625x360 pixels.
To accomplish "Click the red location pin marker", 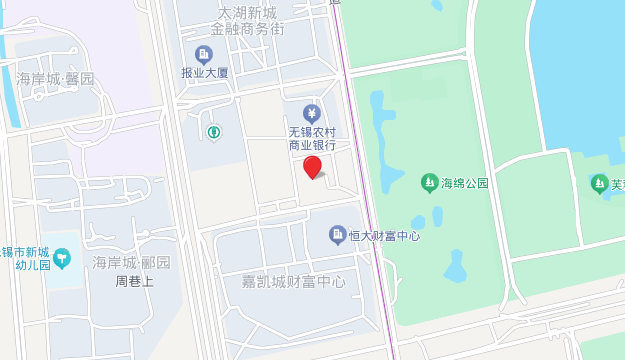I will tap(313, 167).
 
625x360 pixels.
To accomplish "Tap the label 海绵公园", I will tap(465, 183).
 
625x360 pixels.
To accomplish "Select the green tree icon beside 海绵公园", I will tap(429, 183).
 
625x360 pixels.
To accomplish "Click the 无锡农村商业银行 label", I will tap(312, 138).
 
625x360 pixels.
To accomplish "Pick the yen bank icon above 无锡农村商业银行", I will tap(312, 112).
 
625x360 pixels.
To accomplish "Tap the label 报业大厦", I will tap(204, 73).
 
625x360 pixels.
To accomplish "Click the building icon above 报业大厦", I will tap(204, 53).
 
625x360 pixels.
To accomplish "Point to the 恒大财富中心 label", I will tap(384, 236).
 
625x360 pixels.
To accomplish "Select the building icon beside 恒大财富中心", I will tap(338, 235).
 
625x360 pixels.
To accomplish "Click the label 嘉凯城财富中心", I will tap(293, 282).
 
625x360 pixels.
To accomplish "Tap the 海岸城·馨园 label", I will tap(56, 79).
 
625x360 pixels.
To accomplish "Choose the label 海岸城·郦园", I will tap(131, 263).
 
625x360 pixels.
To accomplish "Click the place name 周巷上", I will tap(134, 281).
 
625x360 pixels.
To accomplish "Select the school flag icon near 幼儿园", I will tap(62, 259).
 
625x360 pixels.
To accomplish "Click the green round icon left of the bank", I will tap(213, 131).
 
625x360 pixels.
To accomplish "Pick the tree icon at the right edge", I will tap(599, 183).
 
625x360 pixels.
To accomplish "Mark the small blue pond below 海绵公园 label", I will tap(456, 266).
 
